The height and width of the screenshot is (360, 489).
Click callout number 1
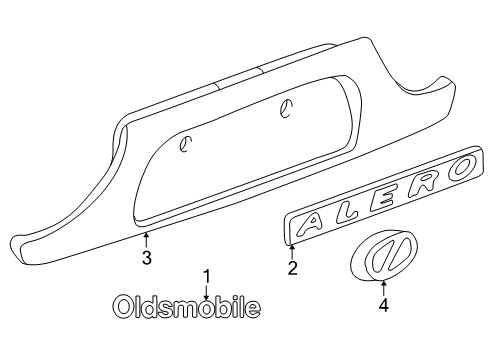tap(208, 275)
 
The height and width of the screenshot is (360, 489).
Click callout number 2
tap(292, 268)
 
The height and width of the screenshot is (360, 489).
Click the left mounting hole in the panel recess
tap(184, 145)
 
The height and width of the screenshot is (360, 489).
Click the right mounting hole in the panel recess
tap(286, 113)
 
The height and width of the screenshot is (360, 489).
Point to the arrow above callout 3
tap(147, 240)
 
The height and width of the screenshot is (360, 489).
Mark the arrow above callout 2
tap(292, 252)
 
